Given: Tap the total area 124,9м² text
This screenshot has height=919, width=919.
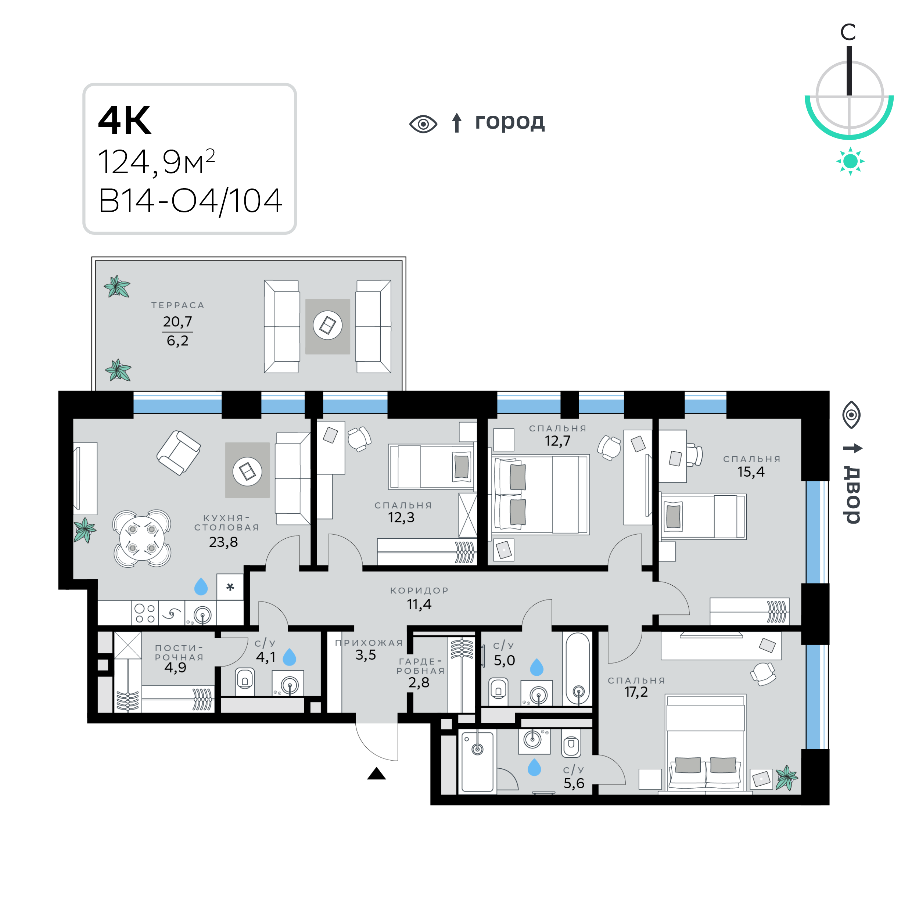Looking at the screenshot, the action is [157, 162].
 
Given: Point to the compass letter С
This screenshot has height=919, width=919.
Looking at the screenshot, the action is [848, 32].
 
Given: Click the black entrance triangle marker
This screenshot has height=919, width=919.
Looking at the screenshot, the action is [376, 773].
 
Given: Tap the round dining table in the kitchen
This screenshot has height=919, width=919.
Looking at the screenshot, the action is [142, 539].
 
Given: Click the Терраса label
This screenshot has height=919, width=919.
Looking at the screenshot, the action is [178, 305].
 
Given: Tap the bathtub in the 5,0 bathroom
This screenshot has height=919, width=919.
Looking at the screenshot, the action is [578, 668].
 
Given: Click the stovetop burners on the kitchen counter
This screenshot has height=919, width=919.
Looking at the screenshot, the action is [145, 614].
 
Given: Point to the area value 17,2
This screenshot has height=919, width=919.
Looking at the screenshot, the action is [636, 692].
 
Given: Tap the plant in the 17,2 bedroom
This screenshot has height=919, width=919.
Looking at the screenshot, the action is [787, 778].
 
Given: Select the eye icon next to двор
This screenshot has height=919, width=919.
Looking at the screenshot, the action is [851, 415].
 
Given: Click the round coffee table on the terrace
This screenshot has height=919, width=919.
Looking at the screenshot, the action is [328, 326].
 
